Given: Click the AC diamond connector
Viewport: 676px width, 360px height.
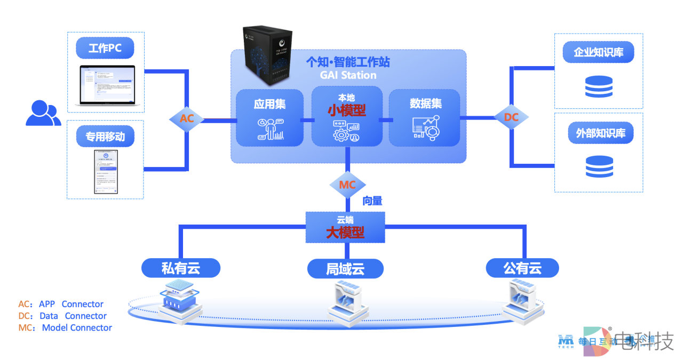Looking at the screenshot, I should coord(187,119).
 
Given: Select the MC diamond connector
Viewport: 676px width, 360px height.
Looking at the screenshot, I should coord(347,185).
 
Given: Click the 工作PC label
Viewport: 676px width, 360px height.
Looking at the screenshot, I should coord(105,49).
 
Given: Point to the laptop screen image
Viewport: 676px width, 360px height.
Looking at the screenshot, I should coord(106,86).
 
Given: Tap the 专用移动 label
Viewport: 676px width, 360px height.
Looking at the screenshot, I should coord(105,137).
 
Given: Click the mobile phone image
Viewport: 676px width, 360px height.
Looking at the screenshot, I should coord(106,171).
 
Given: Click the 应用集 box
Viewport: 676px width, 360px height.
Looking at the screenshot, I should coord(269,118).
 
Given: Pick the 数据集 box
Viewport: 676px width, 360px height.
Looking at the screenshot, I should coord(425,118).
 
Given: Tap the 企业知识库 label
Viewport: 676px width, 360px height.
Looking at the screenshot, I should coord(598,52).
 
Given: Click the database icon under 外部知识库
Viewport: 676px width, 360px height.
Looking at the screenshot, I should coord(599,166).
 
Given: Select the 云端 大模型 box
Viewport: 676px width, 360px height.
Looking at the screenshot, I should coord(345,227).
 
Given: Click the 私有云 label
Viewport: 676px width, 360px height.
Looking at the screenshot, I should coord(181,268).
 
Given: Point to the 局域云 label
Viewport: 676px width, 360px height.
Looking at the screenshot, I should coord(345,268).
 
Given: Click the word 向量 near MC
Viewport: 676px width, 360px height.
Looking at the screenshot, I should coord(372,201).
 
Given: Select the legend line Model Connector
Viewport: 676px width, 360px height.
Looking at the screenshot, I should coord(65,327).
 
